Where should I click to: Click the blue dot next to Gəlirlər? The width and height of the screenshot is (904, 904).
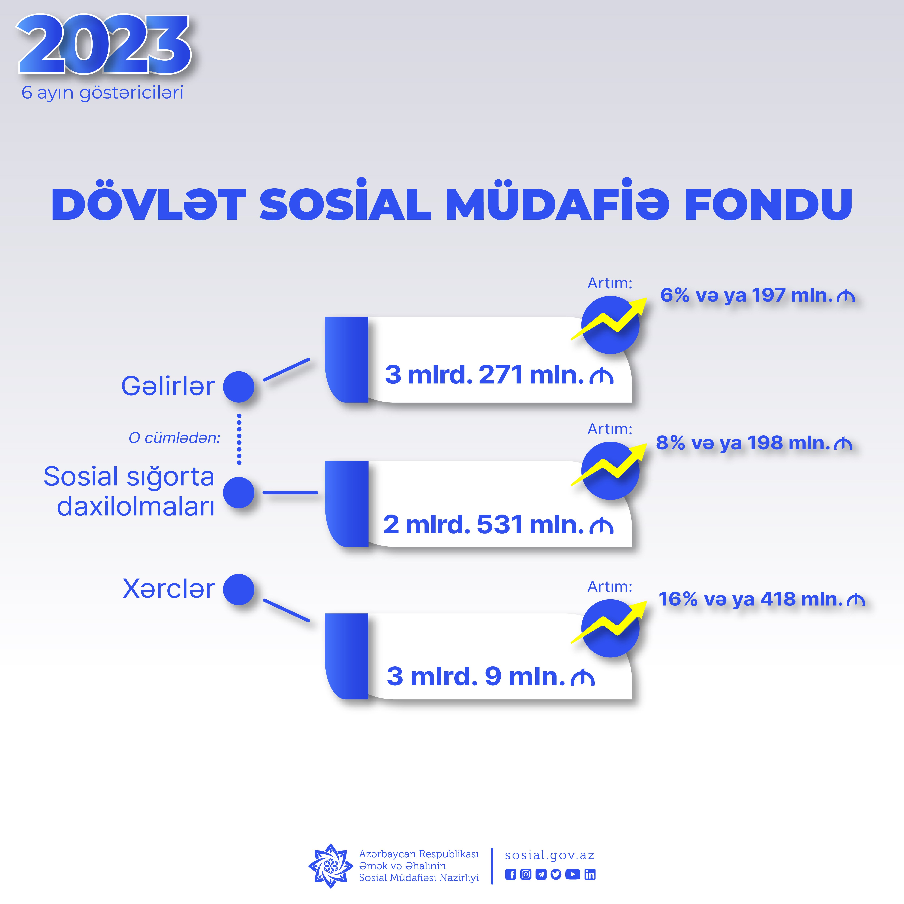pyautogui.click(x=239, y=387)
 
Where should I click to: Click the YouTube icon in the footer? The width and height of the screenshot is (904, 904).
pyautogui.click(x=572, y=875)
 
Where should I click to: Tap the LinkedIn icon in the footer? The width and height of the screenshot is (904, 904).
pyautogui.click(x=590, y=875)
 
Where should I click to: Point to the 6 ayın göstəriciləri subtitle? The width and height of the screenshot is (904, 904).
pyautogui.click(x=103, y=93)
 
